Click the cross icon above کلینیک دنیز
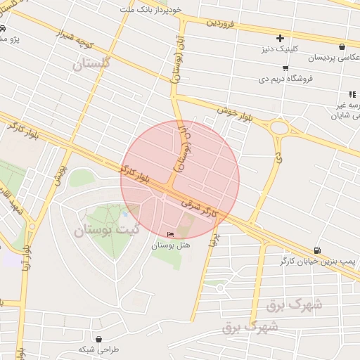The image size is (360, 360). pos(281,37)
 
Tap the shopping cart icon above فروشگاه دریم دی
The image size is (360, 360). pos(285,68)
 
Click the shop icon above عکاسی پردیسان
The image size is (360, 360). pos(342,46)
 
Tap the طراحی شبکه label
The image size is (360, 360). pos(99,349)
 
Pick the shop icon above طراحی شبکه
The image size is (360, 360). pos(98,339)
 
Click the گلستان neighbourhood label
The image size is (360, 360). pos(92,64)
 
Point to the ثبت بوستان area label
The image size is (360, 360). pos(106,229)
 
